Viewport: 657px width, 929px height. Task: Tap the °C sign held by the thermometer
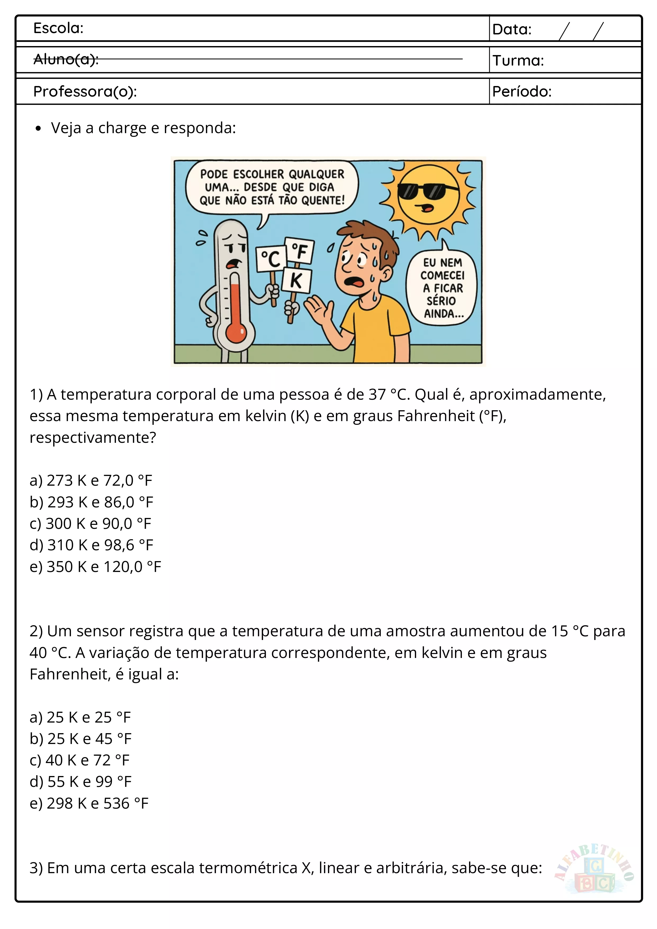271,259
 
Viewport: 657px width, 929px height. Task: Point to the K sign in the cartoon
296,279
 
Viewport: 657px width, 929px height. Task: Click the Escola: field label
58,28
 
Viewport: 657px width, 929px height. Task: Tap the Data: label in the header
512,30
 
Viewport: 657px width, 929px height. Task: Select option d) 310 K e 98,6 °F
91,545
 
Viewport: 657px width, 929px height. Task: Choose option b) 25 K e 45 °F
80,739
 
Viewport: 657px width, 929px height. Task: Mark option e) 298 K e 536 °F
89,804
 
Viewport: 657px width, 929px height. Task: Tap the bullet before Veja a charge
38,129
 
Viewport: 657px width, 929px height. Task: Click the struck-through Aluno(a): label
66,60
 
